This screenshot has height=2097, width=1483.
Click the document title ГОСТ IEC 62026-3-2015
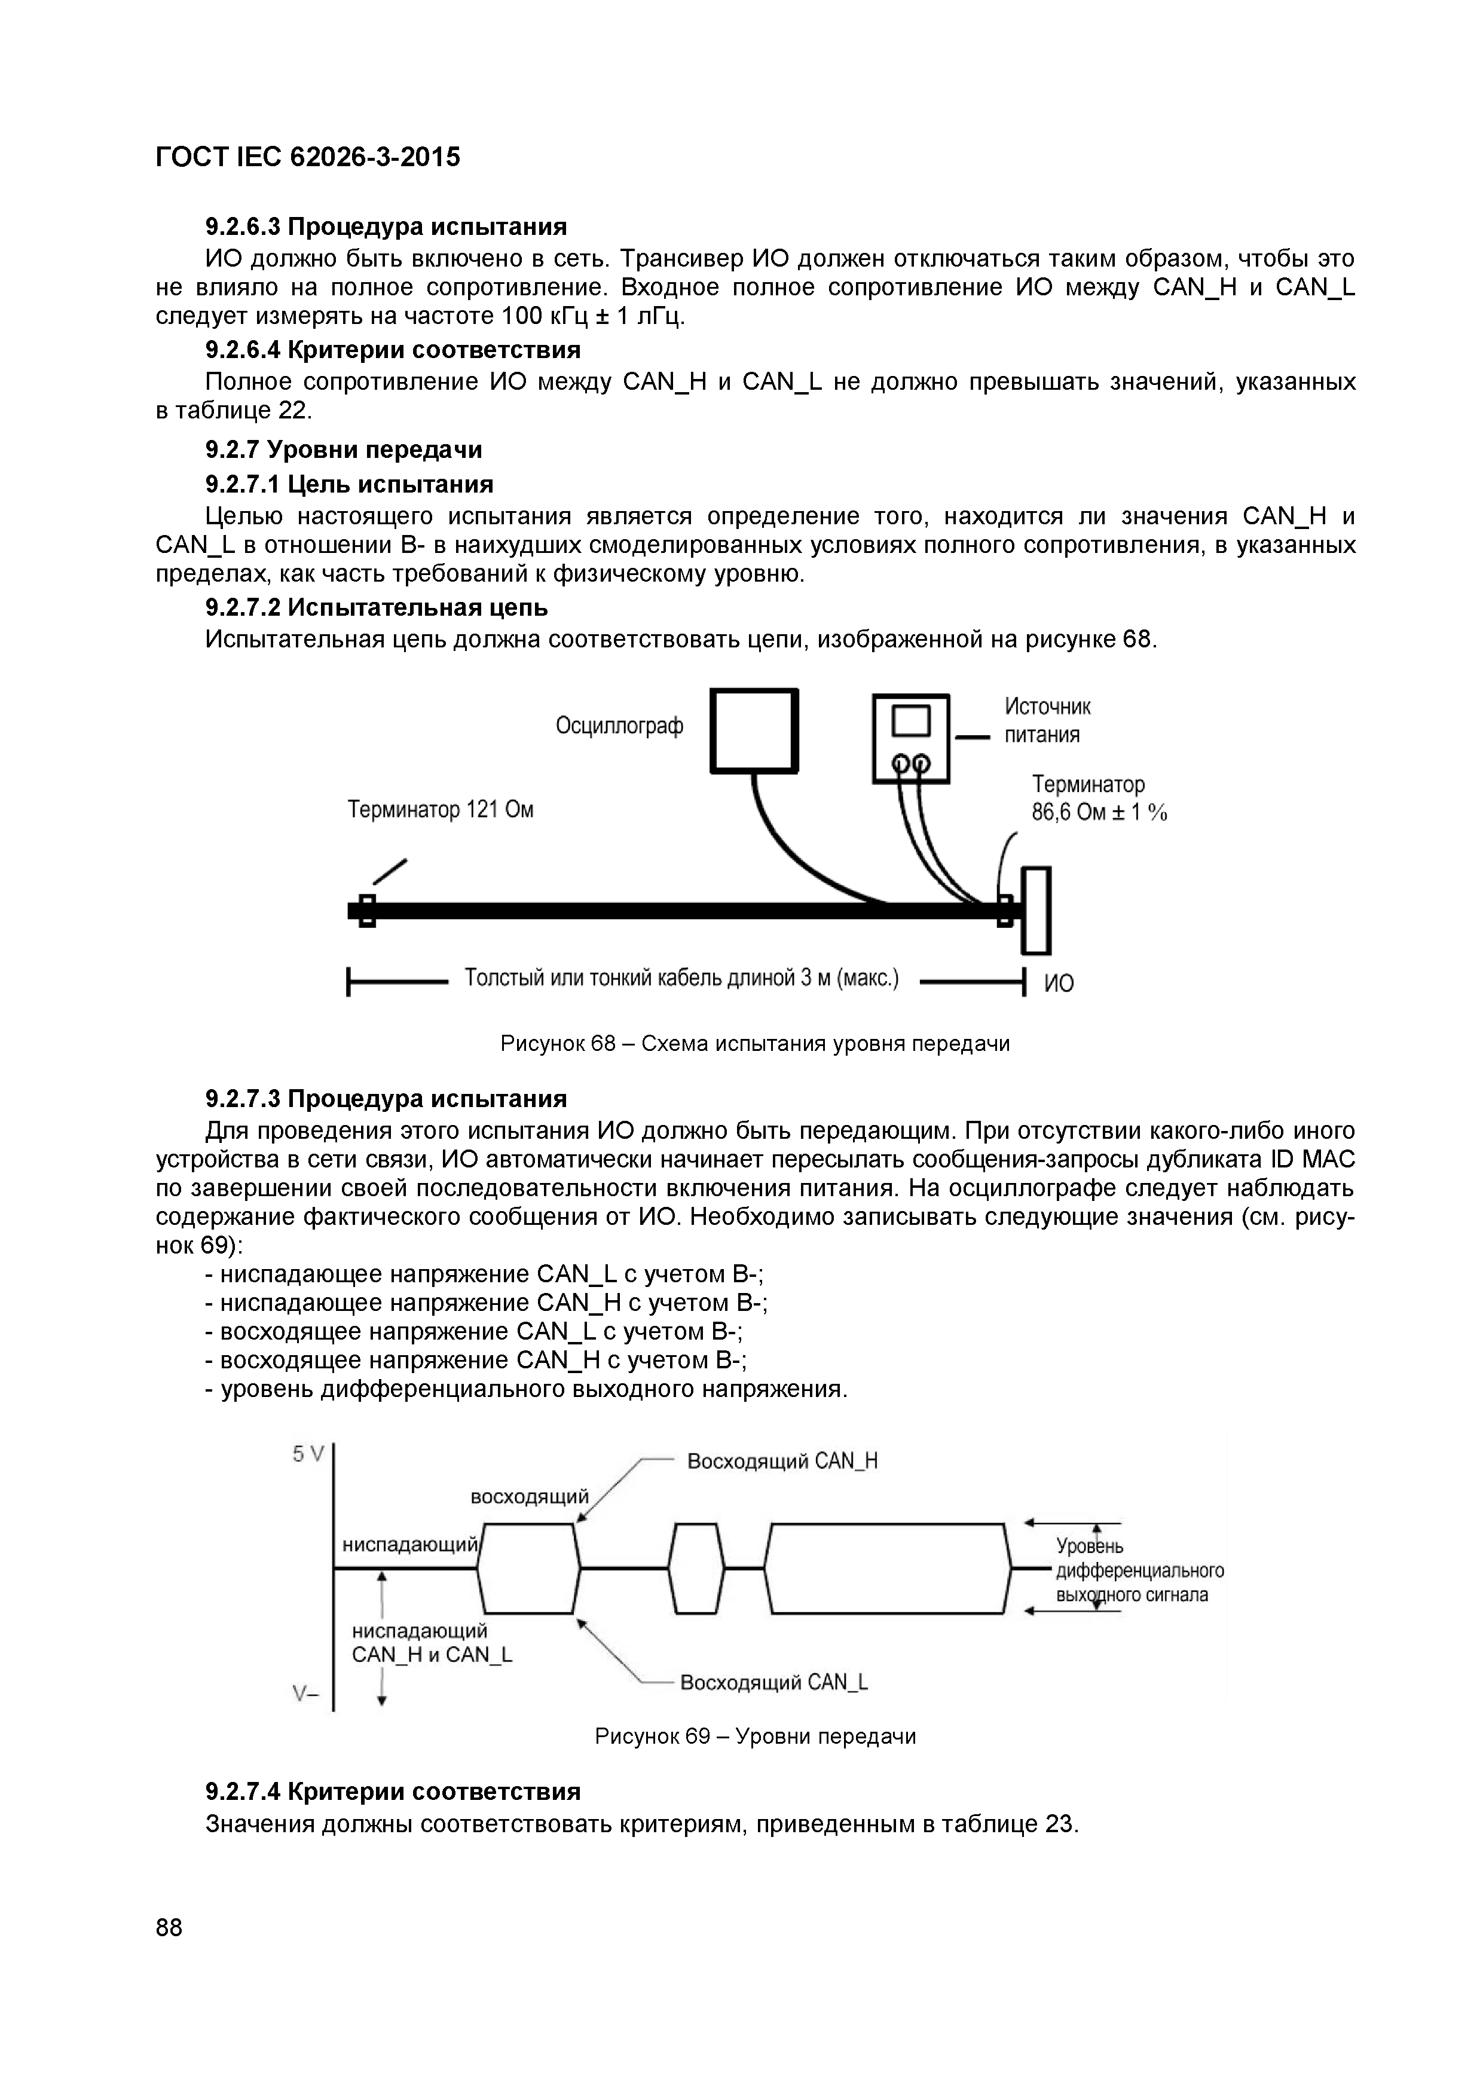tap(308, 158)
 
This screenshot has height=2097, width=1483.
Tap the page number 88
tap(169, 1928)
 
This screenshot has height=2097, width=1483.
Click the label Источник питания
tap(1047, 720)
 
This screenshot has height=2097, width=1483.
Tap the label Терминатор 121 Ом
tap(440, 809)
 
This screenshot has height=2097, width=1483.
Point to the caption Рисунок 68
tap(754, 1043)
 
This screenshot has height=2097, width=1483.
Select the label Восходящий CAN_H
tap(782, 1462)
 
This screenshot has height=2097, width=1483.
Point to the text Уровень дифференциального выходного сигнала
tap(1139, 1570)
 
